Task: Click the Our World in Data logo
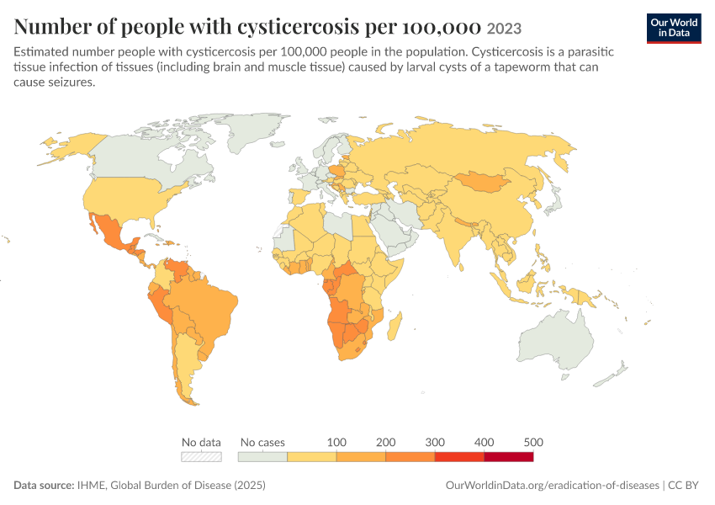click(674, 29)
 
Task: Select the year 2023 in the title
click(504, 29)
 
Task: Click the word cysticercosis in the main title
click(299, 27)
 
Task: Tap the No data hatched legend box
click(201, 457)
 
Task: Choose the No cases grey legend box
click(262, 457)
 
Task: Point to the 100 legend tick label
click(336, 442)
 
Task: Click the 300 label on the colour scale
click(435, 442)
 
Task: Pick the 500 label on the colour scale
click(533, 442)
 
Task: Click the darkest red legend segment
click(509, 457)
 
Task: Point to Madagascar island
click(395, 327)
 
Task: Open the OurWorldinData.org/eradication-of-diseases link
click(552, 485)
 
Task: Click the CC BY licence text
click(683, 485)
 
